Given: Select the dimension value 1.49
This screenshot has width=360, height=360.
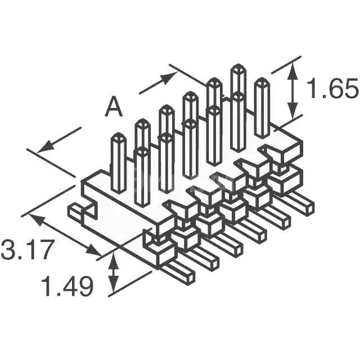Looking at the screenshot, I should click(x=67, y=287).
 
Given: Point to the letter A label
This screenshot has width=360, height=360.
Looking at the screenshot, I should click(x=114, y=107).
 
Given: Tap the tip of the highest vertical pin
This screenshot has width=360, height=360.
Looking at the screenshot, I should click(x=238, y=67).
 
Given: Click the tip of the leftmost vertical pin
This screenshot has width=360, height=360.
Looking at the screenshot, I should click(x=119, y=135).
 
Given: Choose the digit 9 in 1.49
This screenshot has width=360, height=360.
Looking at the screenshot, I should click(x=84, y=287).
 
